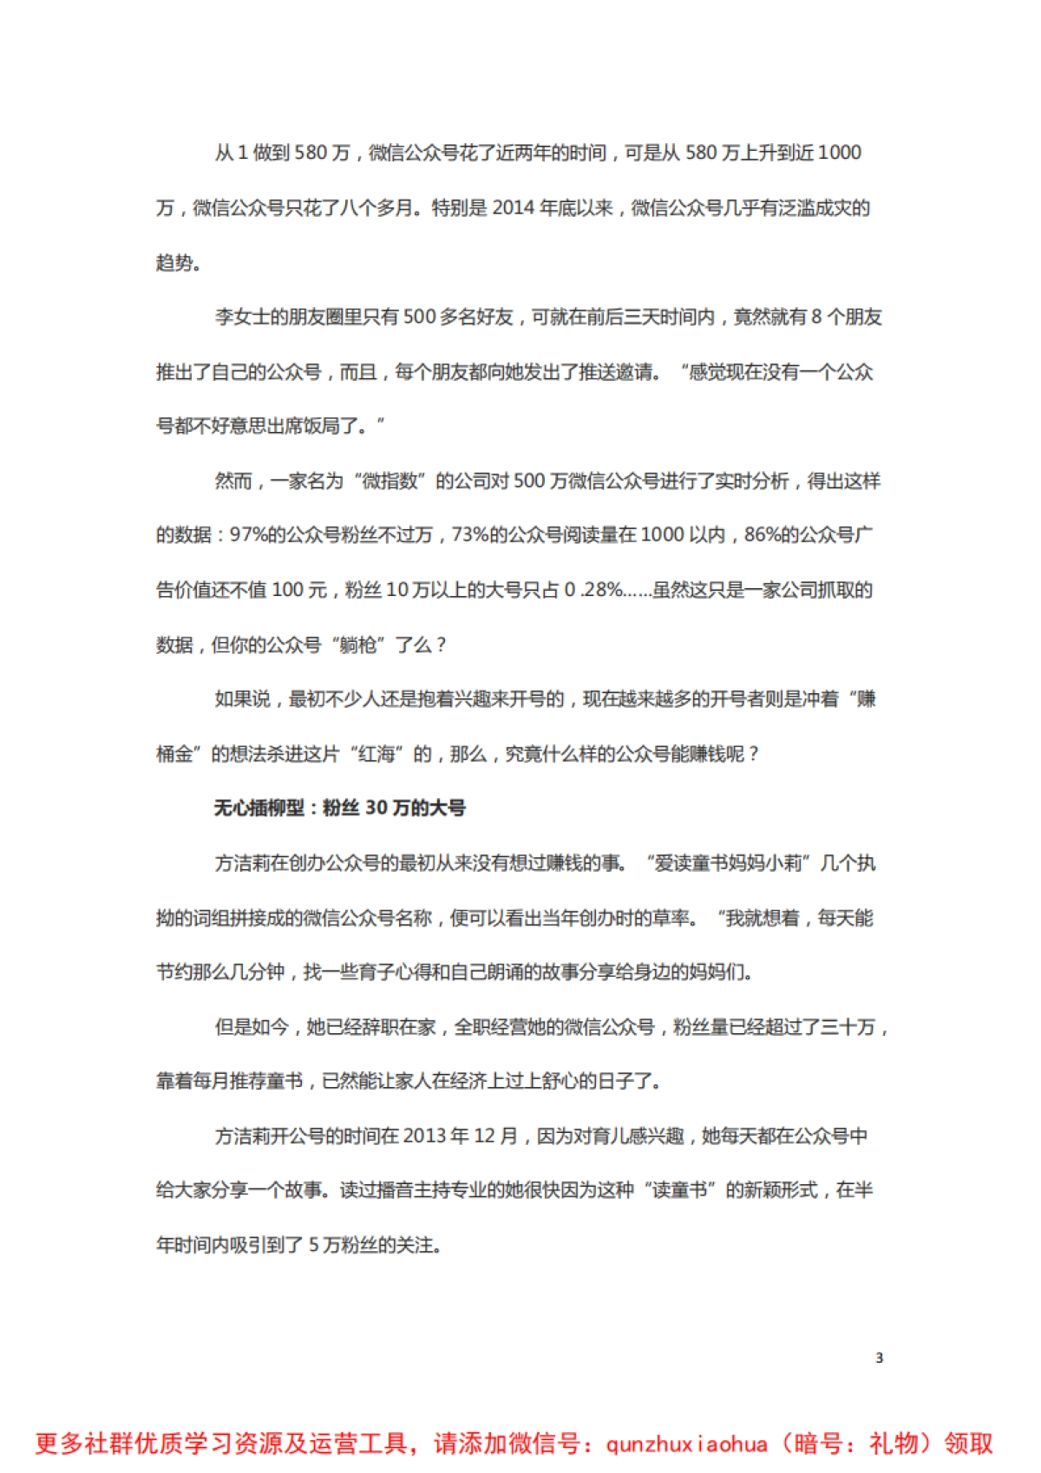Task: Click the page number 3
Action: click(879, 1358)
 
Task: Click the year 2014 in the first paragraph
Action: click(514, 207)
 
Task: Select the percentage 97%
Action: click(248, 535)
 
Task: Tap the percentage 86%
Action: click(763, 535)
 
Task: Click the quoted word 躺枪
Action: click(358, 645)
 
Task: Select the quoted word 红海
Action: click(376, 754)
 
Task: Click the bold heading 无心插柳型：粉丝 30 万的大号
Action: click(339, 809)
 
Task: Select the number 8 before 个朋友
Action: click(815, 317)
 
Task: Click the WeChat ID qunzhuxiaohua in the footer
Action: click(686, 1444)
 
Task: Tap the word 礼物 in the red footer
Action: click(894, 1444)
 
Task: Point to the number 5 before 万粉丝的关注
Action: click(314, 1245)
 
